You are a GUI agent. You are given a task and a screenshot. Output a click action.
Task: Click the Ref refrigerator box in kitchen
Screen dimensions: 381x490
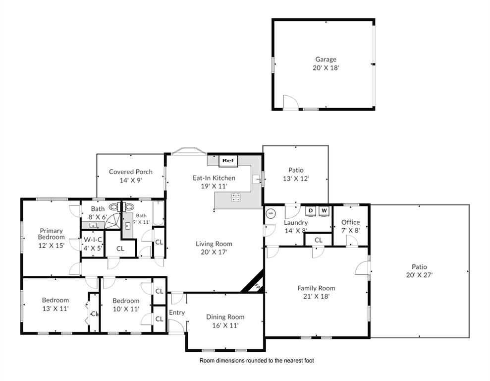(x=228, y=161)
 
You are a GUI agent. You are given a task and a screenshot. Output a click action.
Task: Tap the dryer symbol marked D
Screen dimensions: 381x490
(x=311, y=211)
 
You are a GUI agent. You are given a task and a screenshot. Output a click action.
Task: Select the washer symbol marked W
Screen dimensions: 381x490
(x=324, y=211)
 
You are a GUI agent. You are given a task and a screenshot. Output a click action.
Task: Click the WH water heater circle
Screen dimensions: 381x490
(x=271, y=214)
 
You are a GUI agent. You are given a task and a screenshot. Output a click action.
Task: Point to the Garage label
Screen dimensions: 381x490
(x=326, y=60)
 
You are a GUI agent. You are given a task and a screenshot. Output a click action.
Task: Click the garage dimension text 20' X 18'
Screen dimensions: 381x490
(x=326, y=68)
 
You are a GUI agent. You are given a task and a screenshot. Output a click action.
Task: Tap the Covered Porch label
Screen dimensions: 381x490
(x=131, y=172)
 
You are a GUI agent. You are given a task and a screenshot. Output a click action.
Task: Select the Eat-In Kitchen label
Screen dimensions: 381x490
(x=214, y=178)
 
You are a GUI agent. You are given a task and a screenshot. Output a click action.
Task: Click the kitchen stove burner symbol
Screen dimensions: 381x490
(x=235, y=197)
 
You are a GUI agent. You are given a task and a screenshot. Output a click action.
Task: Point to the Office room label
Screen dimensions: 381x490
(x=350, y=222)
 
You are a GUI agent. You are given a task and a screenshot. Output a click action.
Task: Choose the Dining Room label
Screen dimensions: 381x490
(x=225, y=317)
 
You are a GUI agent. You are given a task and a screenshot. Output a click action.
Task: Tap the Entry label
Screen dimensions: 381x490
(x=177, y=313)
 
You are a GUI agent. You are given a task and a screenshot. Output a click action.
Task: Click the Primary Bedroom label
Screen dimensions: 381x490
(x=52, y=234)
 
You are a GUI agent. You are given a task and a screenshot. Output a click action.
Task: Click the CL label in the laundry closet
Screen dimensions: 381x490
(x=319, y=240)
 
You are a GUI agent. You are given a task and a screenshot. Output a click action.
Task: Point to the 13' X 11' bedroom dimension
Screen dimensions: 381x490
(x=55, y=309)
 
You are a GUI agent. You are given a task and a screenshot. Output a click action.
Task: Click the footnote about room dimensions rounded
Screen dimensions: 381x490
(x=256, y=361)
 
